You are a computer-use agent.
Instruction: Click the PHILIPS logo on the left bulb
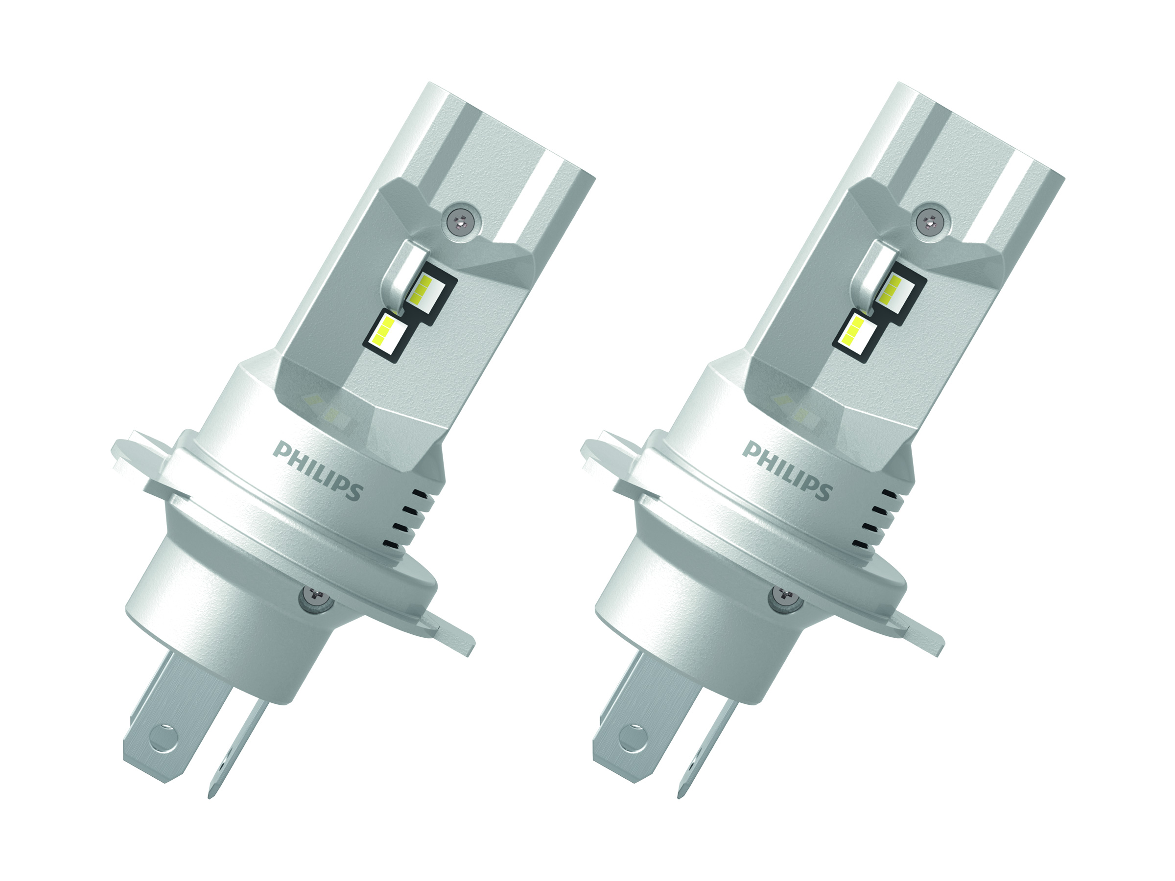[x=318, y=470]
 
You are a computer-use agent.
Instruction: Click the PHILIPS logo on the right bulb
[x=787, y=470]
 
